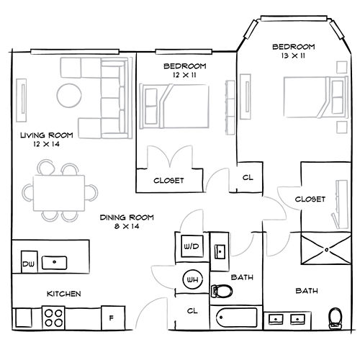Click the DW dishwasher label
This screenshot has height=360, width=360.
coord(29,264)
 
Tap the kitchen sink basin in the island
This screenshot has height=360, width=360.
coord(55,263)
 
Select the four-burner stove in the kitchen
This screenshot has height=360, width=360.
coord(53,318)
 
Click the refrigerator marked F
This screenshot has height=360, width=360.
coord(113,318)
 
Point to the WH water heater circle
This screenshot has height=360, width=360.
coord(192,279)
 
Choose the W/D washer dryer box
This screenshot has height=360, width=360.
coord(192,246)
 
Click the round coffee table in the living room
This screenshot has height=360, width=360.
coord(69,95)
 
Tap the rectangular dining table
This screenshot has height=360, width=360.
coord(59,193)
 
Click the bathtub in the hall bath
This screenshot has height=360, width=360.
coord(237,318)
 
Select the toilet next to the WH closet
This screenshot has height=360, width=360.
coord(221,291)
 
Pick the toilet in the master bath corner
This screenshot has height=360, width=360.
coord(336,318)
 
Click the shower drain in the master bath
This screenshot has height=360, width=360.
coord(326,250)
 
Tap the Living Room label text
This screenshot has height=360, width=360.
coord(47,135)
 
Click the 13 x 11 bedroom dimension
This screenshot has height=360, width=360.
coord(293,55)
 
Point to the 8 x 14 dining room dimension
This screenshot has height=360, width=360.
coord(127,226)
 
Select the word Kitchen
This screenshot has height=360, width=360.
coord(63,294)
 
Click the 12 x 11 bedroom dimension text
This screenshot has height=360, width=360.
coord(184,75)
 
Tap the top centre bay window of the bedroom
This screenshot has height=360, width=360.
coord(294,19)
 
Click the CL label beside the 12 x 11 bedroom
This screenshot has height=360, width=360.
coord(248,178)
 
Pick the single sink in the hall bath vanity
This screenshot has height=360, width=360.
coord(220,251)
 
